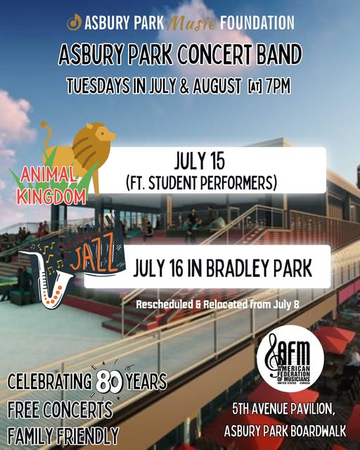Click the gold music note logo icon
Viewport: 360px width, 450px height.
tap(74, 22)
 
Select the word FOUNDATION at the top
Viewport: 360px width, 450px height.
tap(257, 22)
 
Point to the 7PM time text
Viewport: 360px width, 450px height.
tap(278, 86)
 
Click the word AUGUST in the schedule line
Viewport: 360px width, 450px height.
tap(217, 86)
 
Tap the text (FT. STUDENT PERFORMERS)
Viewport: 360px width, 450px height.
tap(202, 183)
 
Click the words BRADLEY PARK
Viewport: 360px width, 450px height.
tap(259, 268)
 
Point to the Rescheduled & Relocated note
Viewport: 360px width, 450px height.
tap(217, 304)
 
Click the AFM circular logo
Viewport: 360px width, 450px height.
tap(290, 359)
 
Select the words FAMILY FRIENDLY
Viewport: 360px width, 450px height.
tap(63, 436)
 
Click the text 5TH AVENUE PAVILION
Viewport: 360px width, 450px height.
tap(283, 409)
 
